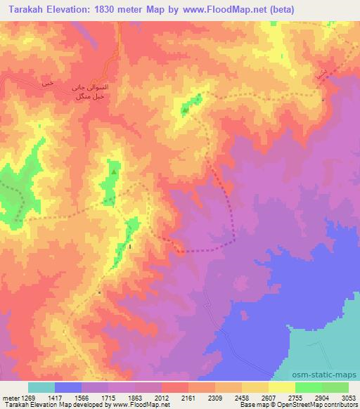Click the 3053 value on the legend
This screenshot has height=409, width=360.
click(347, 397)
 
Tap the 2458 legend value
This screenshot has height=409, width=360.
click(242, 397)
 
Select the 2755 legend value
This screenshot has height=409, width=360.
click(295, 397)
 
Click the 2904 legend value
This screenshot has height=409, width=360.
click(321, 397)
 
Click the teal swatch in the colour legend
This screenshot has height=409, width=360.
click(41, 387)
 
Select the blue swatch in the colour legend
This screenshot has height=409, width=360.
click(68, 387)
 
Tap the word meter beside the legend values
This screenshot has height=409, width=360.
click(11, 397)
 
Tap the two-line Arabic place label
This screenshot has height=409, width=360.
click(88, 91)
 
